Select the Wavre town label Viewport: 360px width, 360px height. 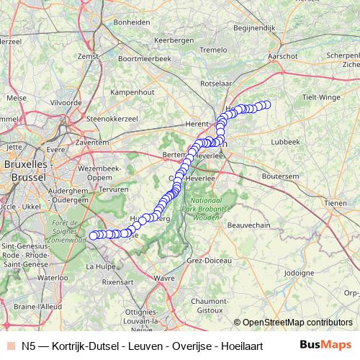(164, 276)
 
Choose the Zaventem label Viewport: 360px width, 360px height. (91, 143)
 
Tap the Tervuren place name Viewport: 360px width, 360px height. (114, 189)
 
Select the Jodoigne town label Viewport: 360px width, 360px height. (299, 273)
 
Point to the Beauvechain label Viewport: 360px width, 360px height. (248, 225)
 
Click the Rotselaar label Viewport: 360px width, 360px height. (216, 83)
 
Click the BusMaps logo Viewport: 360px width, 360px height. (326, 345)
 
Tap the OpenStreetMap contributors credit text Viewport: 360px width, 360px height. (297, 323)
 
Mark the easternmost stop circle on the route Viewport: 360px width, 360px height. (266, 104)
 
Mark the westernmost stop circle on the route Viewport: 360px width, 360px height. (92, 235)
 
